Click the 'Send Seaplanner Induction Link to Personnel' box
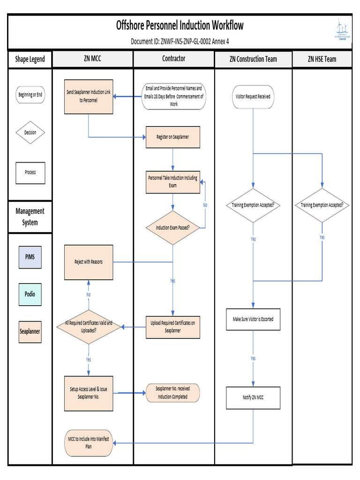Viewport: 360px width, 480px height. pyautogui.click(x=89, y=97)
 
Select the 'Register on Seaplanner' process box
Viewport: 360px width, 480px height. pyautogui.click(x=173, y=137)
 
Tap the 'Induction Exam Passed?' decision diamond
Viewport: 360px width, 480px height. pyautogui.click(x=173, y=228)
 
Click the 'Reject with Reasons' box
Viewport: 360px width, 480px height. pyautogui.click(x=89, y=262)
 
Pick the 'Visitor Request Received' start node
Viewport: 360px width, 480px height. pyautogui.click(x=253, y=97)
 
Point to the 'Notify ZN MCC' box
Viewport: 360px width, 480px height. pyautogui.click(x=253, y=397)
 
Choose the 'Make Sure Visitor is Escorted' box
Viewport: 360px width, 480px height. pyautogui.click(x=253, y=319)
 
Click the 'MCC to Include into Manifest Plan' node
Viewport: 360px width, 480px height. pyautogui.click(x=89, y=442)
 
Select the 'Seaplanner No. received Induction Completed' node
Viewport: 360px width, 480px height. pyautogui.click(x=173, y=393)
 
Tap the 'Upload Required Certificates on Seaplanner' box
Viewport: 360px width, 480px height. pyautogui.click(x=173, y=327)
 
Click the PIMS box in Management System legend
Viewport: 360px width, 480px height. pyautogui.click(x=30, y=257)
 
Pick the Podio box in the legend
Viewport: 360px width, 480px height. pyautogui.click(x=30, y=294)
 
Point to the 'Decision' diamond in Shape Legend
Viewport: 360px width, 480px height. pyautogui.click(x=30, y=133)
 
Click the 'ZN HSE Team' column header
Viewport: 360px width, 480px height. pyautogui.click(x=322, y=59)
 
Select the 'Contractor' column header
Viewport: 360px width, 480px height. pyautogui.click(x=173, y=59)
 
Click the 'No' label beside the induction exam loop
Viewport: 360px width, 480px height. pyautogui.click(x=205, y=205)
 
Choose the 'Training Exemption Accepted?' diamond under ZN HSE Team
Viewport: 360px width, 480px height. pyautogui.click(x=322, y=205)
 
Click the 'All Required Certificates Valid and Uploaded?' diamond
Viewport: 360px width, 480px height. pyautogui.click(x=89, y=326)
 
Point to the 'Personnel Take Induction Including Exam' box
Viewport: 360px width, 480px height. pyautogui.click(x=173, y=182)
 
